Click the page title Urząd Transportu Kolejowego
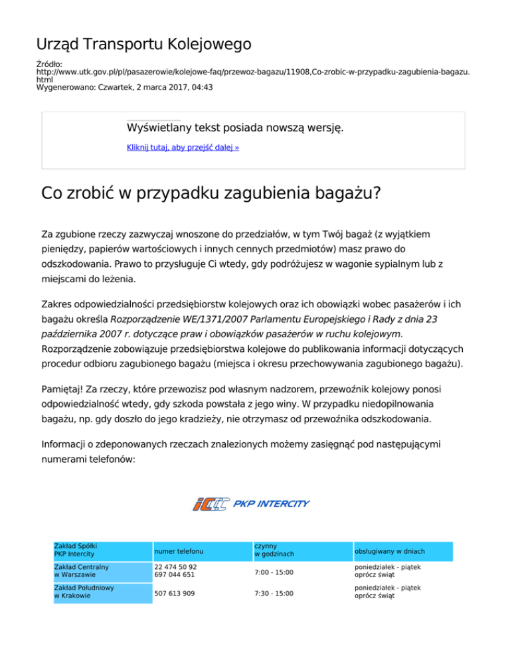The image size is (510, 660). pos(143,44)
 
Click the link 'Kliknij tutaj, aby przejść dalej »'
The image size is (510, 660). pos(183,147)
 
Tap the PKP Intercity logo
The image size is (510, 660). pos(250,504)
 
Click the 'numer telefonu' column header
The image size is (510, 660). pos(179,551)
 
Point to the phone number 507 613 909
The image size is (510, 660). pos(174,592)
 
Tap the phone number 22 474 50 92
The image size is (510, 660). pos(175,567)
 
